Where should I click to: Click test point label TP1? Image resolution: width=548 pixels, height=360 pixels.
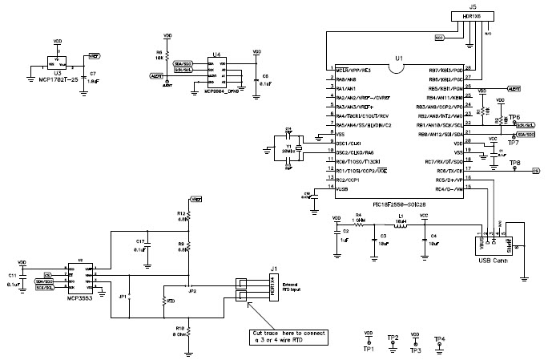point(369,348)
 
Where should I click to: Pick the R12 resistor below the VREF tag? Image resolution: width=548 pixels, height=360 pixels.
point(187,216)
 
